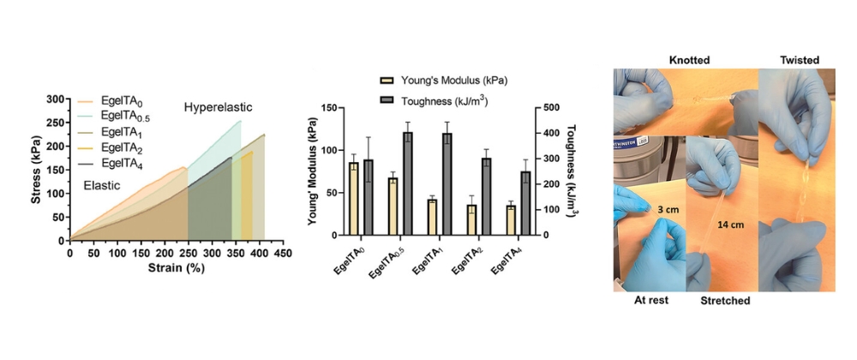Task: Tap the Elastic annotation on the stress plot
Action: tap(102, 186)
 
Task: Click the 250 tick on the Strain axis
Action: tap(188, 254)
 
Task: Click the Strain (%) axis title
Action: tap(176, 268)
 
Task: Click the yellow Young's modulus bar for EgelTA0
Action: tap(354, 198)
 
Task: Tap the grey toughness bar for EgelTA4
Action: tap(526, 203)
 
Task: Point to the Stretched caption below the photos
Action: tap(725, 301)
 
